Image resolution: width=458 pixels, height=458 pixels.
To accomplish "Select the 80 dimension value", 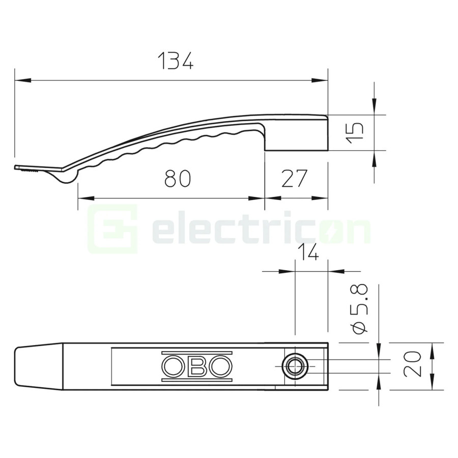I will (x=178, y=179).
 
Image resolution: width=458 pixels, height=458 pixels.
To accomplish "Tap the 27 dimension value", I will (x=295, y=179).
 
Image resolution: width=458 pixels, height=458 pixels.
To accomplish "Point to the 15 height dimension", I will (x=357, y=132).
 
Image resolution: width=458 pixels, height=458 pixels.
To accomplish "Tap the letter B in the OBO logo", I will (x=197, y=366).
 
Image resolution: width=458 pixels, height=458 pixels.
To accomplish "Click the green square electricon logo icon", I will (x=113, y=230).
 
